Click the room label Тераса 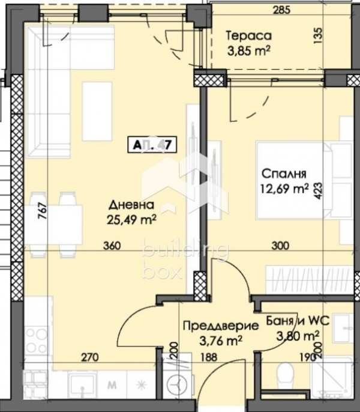(x=249, y=36)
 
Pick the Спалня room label (x=284, y=174)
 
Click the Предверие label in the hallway (x=220, y=327)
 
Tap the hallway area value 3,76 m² (x=220, y=341)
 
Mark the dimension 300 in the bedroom (x=280, y=246)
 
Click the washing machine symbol (x=179, y=382)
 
